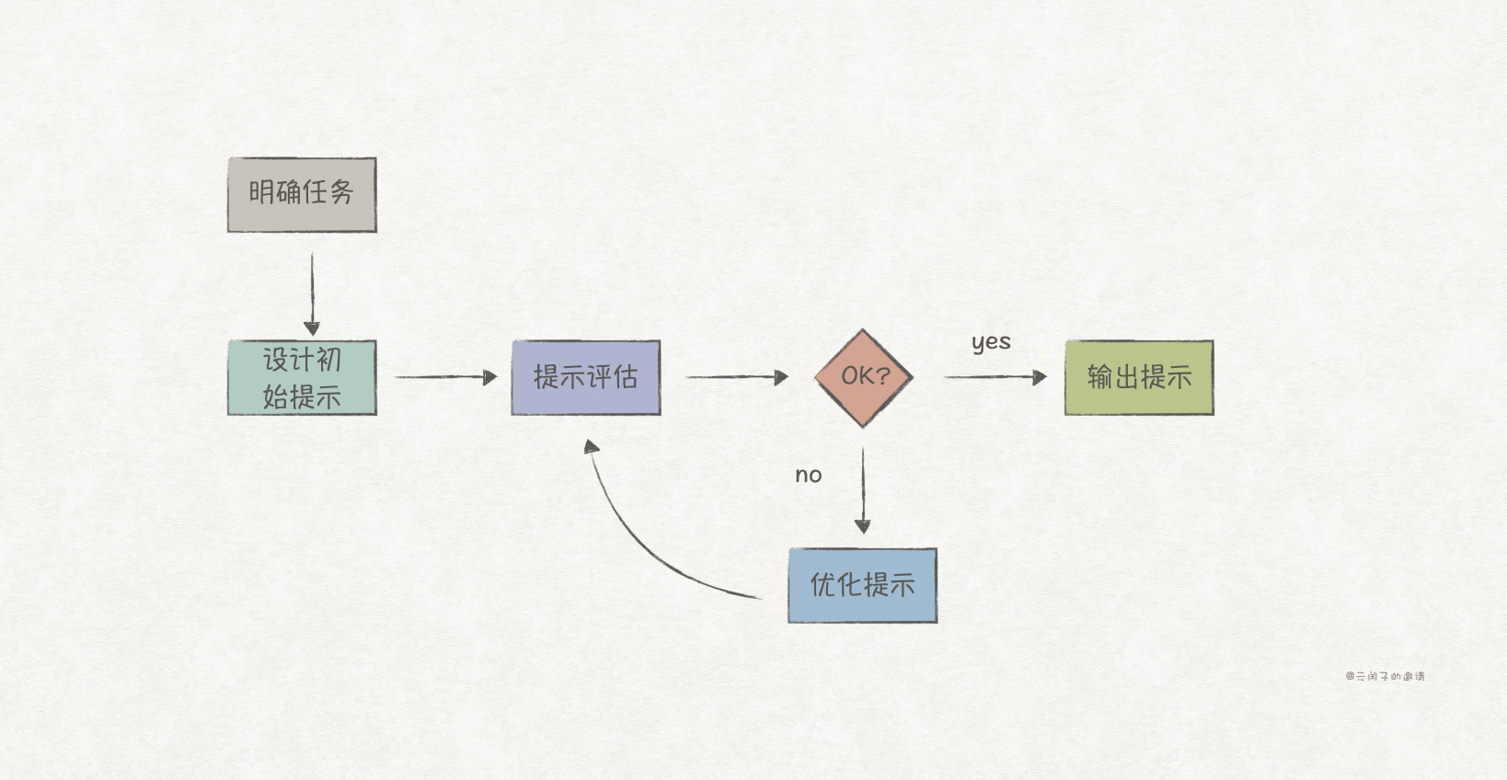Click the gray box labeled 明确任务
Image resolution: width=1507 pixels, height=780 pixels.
(x=302, y=194)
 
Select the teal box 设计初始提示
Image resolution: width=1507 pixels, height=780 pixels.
(x=302, y=377)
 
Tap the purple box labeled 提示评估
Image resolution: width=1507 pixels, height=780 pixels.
(x=585, y=377)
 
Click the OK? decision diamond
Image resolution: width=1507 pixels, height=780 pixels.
(x=863, y=377)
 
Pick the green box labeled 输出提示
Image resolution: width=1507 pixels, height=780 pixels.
(x=1139, y=377)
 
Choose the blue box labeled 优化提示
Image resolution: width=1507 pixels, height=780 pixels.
(x=862, y=585)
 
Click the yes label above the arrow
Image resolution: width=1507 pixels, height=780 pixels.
(x=991, y=343)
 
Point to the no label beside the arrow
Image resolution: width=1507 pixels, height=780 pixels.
(x=809, y=476)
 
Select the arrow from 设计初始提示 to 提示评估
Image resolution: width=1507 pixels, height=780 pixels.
(x=445, y=376)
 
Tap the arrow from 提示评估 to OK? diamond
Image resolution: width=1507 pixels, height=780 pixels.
(x=736, y=376)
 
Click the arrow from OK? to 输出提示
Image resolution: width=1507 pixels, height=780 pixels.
(x=995, y=376)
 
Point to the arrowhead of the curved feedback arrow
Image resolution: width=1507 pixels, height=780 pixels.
(x=592, y=446)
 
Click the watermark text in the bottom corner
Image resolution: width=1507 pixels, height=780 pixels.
(x=1385, y=676)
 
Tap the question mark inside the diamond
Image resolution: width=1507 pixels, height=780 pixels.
(x=884, y=375)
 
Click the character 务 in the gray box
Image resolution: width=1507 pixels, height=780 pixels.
(x=341, y=192)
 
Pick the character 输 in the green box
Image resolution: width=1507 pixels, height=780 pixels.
(x=1099, y=376)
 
